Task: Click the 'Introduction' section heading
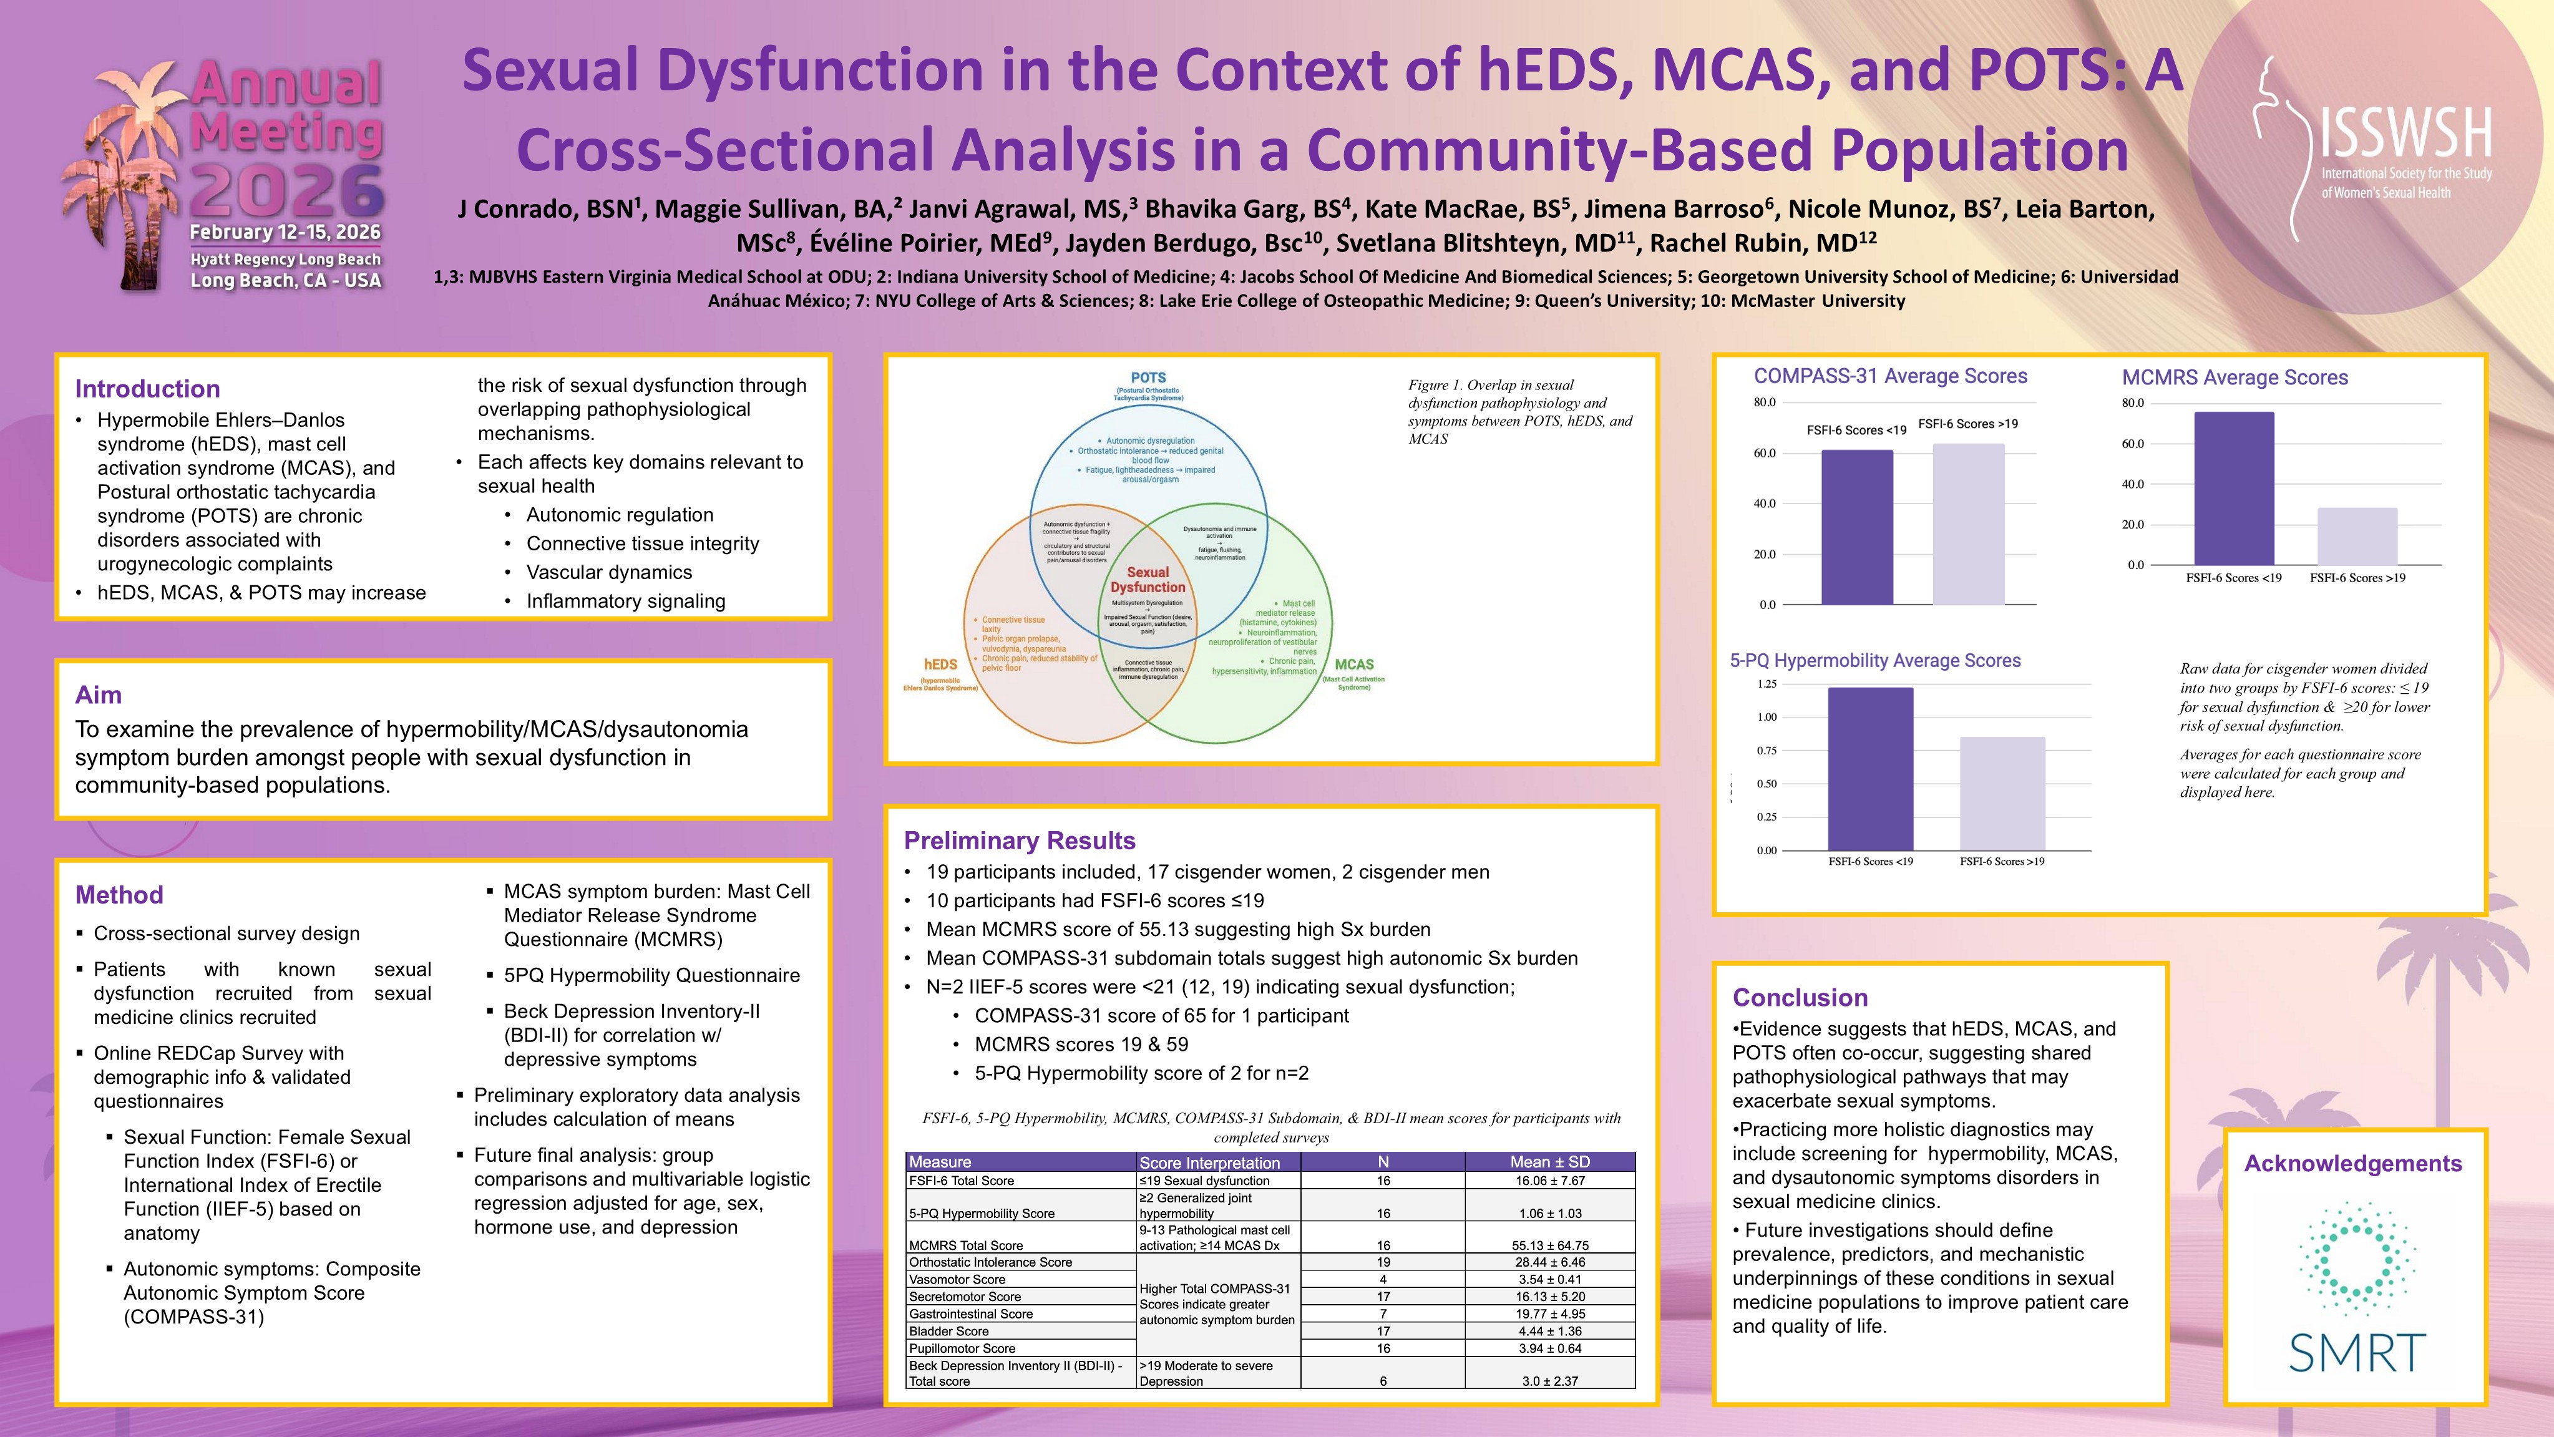coord(148,389)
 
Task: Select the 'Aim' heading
coord(98,694)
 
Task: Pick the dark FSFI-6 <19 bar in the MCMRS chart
coord(2234,489)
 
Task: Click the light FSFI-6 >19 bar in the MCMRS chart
coord(2357,537)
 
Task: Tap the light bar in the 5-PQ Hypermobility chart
coord(2002,793)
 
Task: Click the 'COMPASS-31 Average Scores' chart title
coord(1889,376)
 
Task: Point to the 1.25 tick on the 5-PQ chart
coord(1766,684)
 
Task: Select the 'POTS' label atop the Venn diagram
coord(1148,378)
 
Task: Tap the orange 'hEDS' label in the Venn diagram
coord(940,665)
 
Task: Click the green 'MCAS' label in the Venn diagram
coord(1353,665)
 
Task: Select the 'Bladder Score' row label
coord(949,1331)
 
